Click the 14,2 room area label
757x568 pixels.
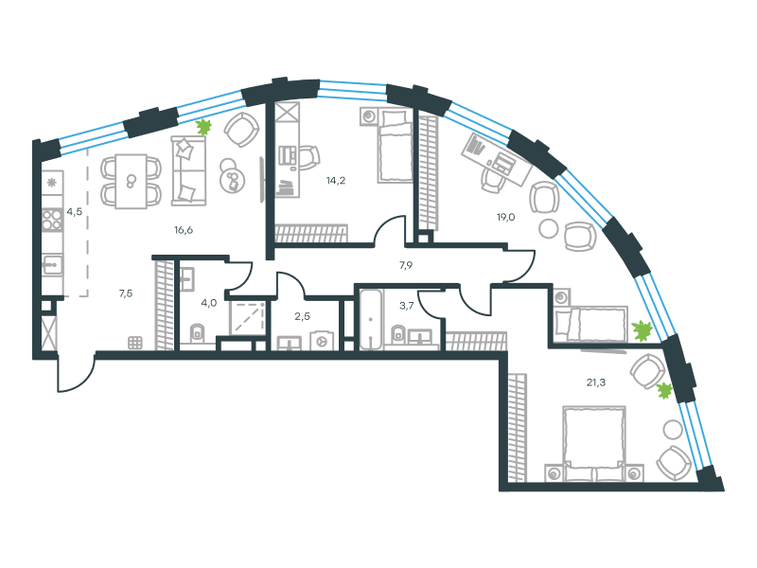336,181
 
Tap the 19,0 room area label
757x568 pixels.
505,217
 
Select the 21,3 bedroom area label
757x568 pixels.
596,382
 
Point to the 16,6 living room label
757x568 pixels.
184,230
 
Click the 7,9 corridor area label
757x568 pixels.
406,265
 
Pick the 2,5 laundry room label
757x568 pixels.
302,316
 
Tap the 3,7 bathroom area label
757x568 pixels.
407,305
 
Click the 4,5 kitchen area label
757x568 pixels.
75,211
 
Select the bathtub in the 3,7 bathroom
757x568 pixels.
371,320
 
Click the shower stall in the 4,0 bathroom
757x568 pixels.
248,318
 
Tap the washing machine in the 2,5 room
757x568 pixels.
322,341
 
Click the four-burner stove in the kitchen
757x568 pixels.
52,220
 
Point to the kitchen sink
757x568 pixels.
52,264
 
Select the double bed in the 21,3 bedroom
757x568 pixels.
595,443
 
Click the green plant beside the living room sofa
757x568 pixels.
204,127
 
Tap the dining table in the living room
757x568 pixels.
131,182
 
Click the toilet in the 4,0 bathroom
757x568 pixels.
197,333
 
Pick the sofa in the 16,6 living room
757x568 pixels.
188,170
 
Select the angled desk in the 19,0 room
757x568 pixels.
497,159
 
